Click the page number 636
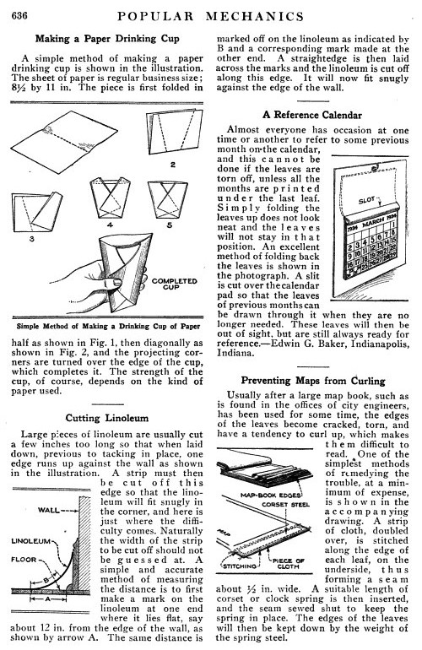pyautogui.click(x=19, y=16)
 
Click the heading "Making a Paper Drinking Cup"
pyautogui.click(x=107, y=39)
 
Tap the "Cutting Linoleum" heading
pyautogui.click(x=107, y=418)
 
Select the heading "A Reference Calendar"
pyautogui.click(x=312, y=115)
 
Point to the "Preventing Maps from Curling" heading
pyautogui.click(x=313, y=381)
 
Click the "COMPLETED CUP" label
pyautogui.click(x=174, y=284)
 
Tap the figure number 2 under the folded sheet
pyautogui.click(x=173, y=165)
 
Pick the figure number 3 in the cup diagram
pyautogui.click(x=31, y=239)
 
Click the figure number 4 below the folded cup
pyautogui.click(x=110, y=225)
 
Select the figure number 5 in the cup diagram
pyautogui.click(x=169, y=225)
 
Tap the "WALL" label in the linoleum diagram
pyautogui.click(x=48, y=510)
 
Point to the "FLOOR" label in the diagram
pyautogui.click(x=24, y=559)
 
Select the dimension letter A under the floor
pyautogui.click(x=47, y=599)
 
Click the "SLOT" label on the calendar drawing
pyautogui.click(x=367, y=201)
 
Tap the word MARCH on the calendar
pyautogui.click(x=373, y=222)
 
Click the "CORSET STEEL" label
pyautogui.click(x=285, y=505)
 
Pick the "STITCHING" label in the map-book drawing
pyautogui.click(x=240, y=566)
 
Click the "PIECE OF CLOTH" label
pyautogui.click(x=288, y=563)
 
